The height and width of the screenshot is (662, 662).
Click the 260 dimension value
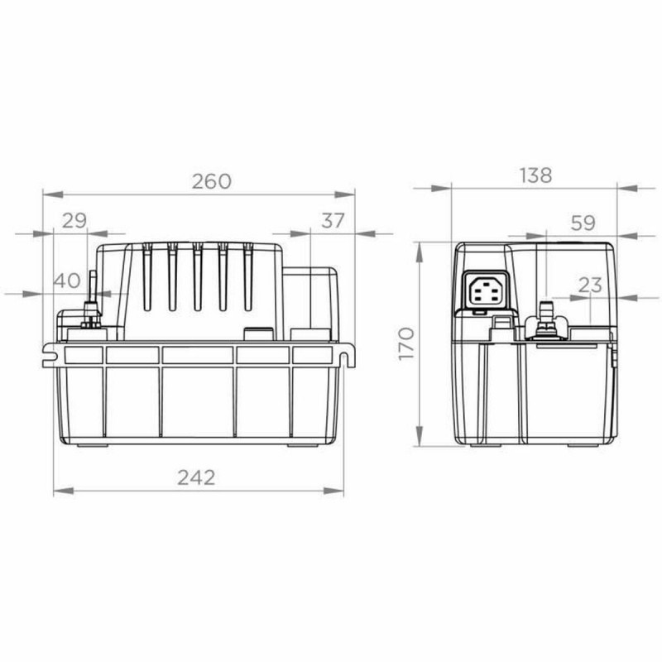click(x=212, y=181)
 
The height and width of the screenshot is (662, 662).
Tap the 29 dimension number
click(x=74, y=220)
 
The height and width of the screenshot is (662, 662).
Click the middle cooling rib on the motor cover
click(x=197, y=277)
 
